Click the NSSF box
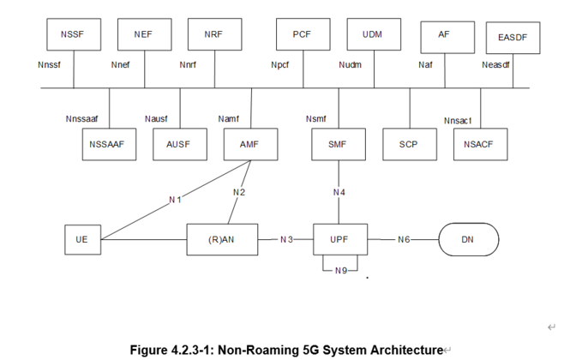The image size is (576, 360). [x=73, y=35]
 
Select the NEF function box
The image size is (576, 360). [x=143, y=35]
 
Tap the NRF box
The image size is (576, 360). [x=213, y=35]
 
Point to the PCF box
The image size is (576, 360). [x=302, y=35]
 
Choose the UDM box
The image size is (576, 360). [x=372, y=35]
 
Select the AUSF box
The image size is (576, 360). [x=178, y=144]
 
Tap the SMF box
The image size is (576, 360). [x=337, y=144]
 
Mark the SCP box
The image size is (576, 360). [x=408, y=144]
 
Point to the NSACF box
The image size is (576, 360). [x=479, y=144]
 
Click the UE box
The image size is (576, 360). [x=81, y=240]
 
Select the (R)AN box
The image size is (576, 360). [x=221, y=240]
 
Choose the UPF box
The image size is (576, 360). [x=339, y=240]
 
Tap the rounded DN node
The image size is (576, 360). [x=467, y=240]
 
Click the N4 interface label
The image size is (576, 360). [x=339, y=193]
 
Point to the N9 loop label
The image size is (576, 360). [x=342, y=271]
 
